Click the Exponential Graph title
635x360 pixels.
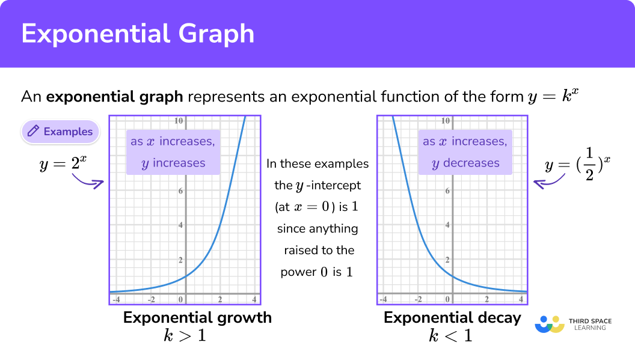point(138,34)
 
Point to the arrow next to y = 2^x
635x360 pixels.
point(87,180)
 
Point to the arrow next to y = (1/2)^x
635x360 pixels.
point(550,180)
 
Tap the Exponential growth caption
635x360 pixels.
point(197,317)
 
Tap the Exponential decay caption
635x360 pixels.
point(452,317)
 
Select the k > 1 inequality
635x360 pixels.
point(185,335)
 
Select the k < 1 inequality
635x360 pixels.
point(450,335)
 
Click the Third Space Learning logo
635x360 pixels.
point(571,324)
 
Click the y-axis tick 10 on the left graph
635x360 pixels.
point(179,121)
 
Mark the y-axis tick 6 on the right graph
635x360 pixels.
point(447,191)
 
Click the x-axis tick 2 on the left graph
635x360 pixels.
point(220,299)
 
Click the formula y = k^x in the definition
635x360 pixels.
point(554,96)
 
